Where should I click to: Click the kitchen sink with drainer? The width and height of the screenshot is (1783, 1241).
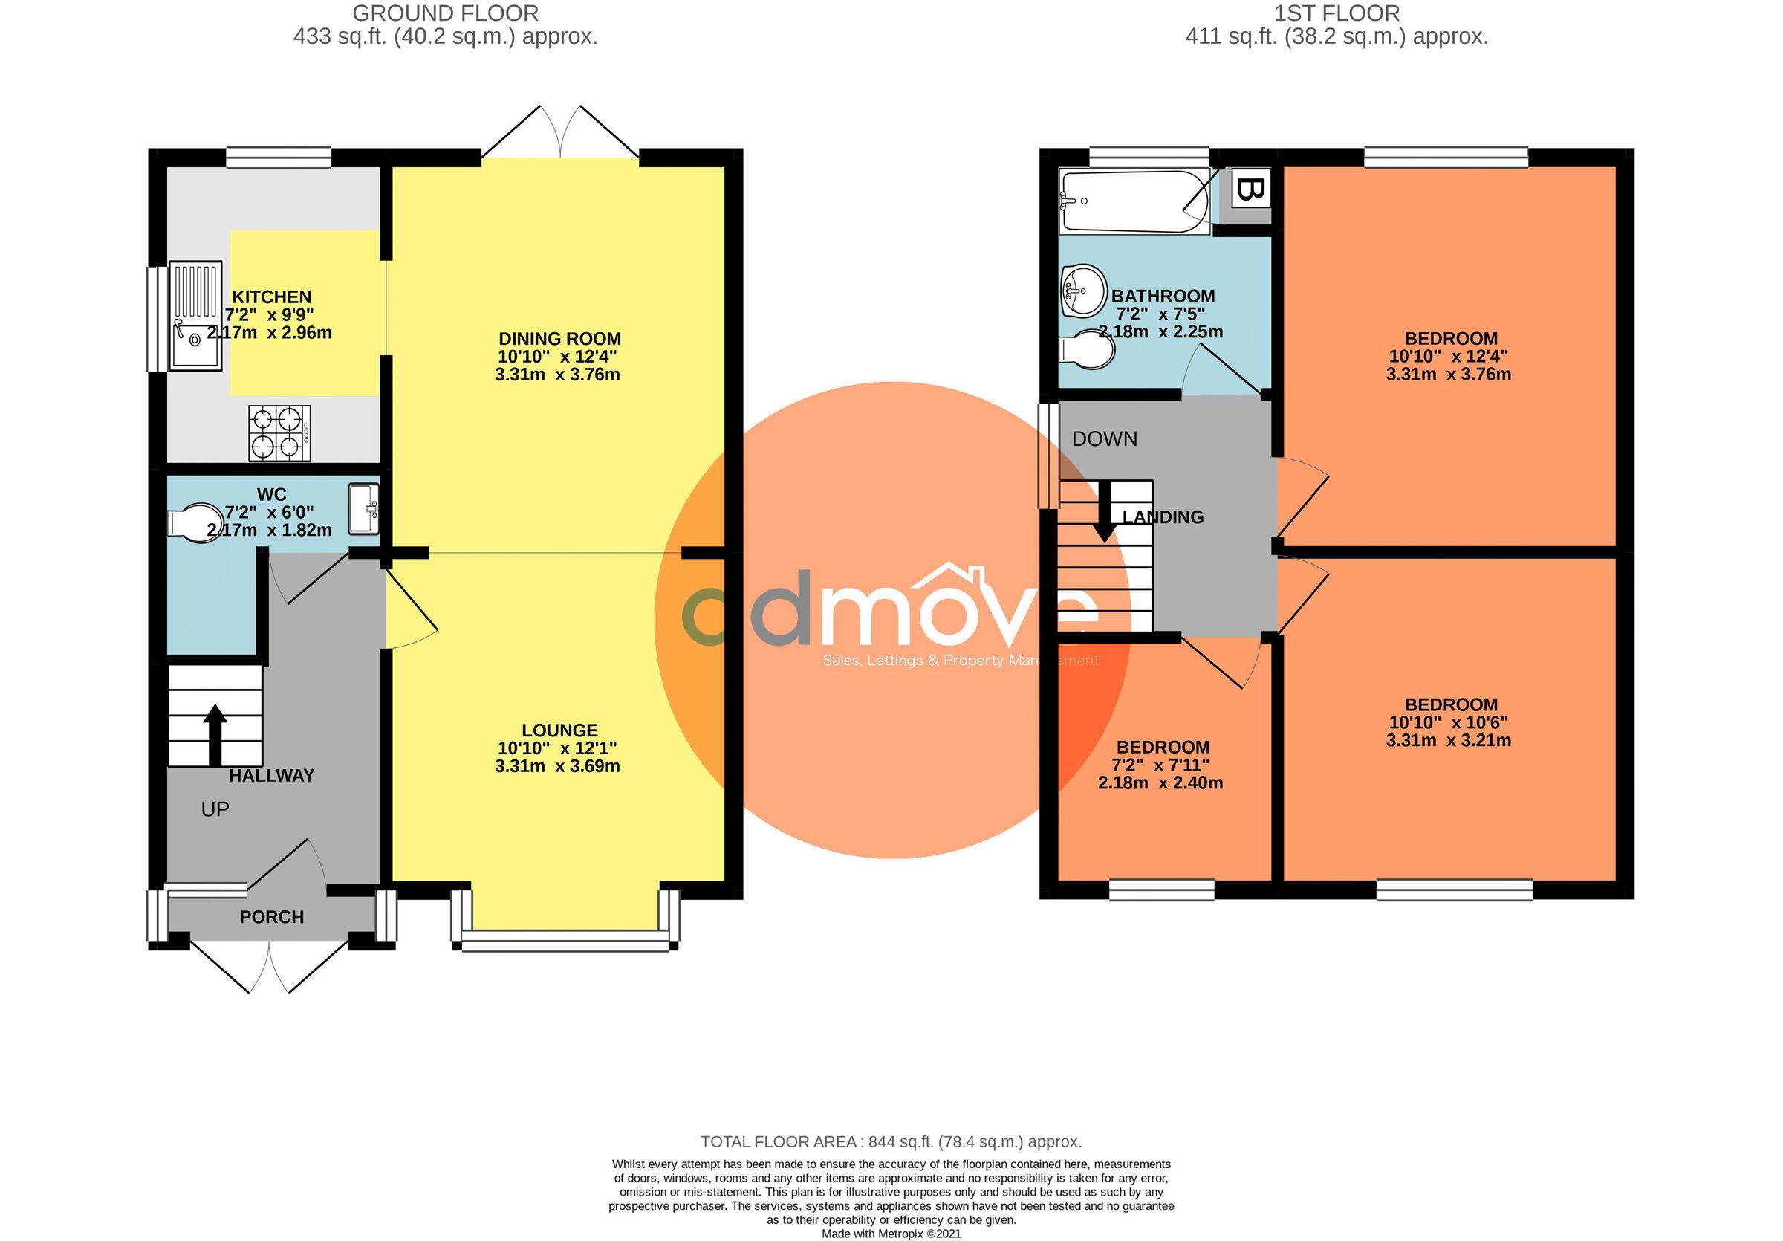click(196, 316)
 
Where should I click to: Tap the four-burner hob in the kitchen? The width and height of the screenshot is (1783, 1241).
click(279, 433)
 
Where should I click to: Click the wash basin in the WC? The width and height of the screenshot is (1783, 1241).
click(363, 509)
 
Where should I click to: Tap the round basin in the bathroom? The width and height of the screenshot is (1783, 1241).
click(1084, 291)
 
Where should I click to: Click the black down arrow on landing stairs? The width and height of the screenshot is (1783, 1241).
click(1104, 513)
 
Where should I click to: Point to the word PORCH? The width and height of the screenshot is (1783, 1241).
click(271, 917)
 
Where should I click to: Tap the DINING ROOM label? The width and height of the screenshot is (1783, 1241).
click(559, 339)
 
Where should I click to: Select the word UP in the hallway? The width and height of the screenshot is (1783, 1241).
click(215, 809)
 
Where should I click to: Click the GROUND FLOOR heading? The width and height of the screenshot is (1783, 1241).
click(445, 13)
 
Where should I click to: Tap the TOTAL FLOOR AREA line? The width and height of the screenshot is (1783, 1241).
click(891, 1141)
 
